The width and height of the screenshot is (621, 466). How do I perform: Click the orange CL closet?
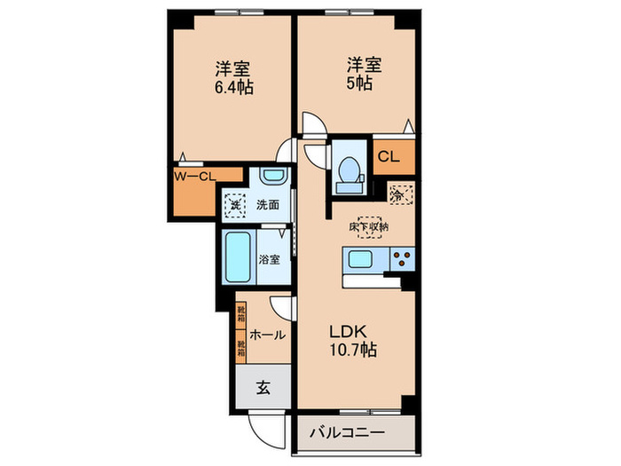tap(389, 158)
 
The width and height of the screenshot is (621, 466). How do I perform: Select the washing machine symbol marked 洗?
tap(234, 204)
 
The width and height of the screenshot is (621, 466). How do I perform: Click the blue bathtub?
tap(238, 257)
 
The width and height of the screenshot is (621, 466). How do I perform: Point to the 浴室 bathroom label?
tap(270, 260)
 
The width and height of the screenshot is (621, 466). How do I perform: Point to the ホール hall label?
tap(267, 335)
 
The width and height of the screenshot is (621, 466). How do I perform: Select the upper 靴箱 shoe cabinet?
tap(240, 314)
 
